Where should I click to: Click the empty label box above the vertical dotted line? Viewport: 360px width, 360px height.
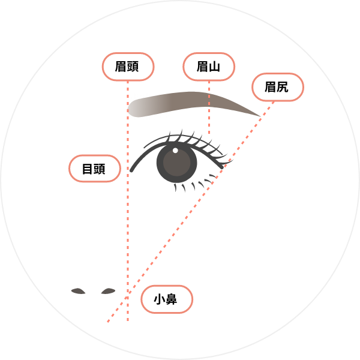[x=128, y=67]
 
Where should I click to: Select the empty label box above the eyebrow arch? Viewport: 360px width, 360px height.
[x=209, y=67]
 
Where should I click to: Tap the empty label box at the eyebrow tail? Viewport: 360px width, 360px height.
[x=277, y=87]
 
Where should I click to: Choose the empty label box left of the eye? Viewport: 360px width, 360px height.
[x=95, y=168]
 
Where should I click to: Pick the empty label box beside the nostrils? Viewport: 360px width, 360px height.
[x=167, y=299]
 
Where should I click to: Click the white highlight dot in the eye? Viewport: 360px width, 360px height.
[x=175, y=150]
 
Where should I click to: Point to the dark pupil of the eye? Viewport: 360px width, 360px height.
[x=177, y=163]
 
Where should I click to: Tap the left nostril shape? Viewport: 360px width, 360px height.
[x=78, y=291]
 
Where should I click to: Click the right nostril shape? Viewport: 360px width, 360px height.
[x=108, y=291]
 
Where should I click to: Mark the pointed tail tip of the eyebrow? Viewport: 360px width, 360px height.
[x=260, y=115]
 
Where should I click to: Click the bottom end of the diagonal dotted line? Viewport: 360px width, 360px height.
[x=108, y=322]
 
